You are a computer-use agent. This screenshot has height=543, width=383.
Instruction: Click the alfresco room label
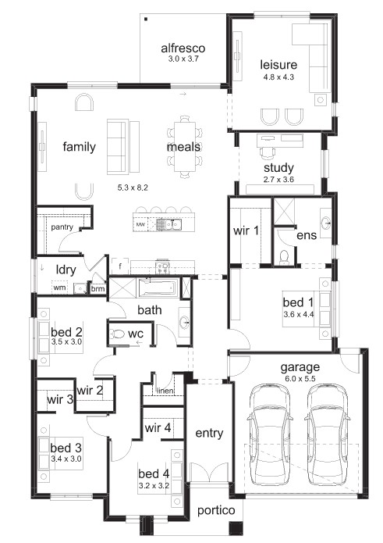point(183,48)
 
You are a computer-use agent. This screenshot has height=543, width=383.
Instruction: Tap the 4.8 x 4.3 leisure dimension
point(278,77)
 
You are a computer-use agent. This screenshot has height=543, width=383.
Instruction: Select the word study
point(278,168)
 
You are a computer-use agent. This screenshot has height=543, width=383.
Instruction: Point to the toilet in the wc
point(117,334)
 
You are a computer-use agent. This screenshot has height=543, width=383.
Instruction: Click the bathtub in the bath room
point(158,288)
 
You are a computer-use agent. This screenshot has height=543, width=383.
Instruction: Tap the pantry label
point(62,227)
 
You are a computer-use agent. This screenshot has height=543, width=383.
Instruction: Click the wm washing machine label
point(59,288)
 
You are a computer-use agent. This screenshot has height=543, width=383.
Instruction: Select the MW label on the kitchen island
point(140,225)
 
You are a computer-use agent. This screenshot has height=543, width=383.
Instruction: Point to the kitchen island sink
point(169,225)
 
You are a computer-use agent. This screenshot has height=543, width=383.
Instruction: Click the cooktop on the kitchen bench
point(163,266)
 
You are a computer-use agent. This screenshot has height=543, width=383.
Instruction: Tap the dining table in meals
point(184,146)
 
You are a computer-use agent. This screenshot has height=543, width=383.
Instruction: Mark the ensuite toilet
point(285,257)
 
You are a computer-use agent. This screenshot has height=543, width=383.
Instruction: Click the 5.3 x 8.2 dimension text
point(133,188)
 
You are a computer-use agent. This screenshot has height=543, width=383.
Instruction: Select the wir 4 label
point(158,427)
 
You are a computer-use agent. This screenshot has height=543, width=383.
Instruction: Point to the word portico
point(216,510)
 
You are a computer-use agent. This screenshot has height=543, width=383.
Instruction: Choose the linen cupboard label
point(165,391)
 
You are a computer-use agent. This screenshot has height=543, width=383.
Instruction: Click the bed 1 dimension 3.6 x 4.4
point(298,314)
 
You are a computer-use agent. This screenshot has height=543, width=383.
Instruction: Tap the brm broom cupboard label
point(98,288)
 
